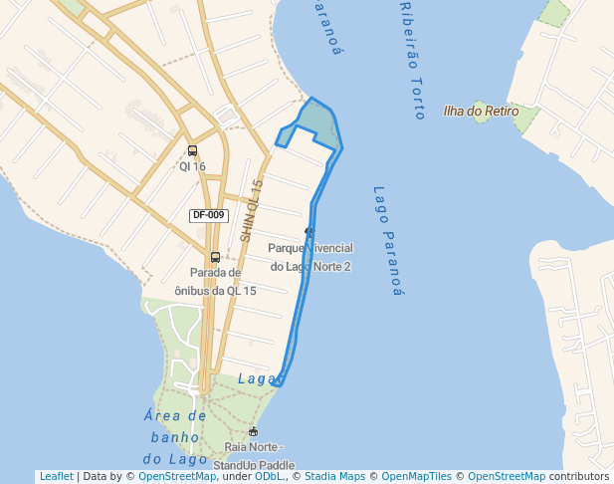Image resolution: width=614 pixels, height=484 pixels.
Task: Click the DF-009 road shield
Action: (209, 215)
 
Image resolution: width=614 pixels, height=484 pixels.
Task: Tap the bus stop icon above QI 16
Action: (192, 151)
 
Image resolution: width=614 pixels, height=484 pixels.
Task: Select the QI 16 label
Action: (192, 166)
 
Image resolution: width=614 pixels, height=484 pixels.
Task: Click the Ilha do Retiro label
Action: (481, 112)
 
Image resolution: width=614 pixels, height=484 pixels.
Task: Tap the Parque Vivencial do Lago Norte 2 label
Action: (310, 256)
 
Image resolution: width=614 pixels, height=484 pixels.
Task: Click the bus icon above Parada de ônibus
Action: (215, 257)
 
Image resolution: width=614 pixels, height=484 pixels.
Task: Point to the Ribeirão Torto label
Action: (412, 60)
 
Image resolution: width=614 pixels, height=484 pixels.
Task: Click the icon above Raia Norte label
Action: (254, 431)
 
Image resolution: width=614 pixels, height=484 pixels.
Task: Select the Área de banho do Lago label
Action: (175, 437)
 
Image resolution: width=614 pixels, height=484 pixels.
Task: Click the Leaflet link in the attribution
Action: (56, 476)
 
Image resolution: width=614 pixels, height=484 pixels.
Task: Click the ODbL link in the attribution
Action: (269, 476)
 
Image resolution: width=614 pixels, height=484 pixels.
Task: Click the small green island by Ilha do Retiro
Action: (483, 113)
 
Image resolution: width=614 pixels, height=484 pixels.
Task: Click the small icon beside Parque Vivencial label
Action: (308, 232)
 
